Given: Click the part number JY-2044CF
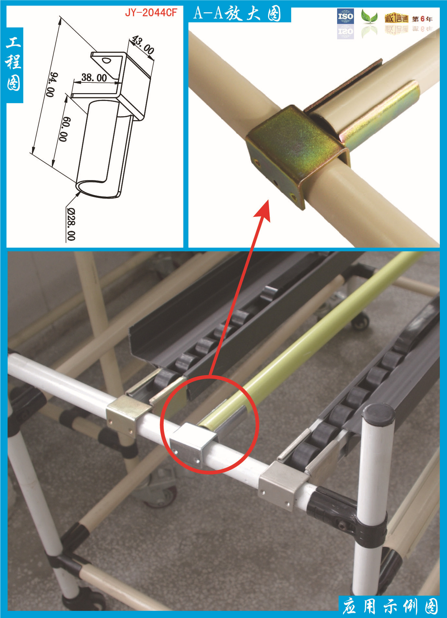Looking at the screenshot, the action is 151,13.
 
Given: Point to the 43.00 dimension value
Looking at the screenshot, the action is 143,45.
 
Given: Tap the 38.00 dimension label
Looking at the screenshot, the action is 94,78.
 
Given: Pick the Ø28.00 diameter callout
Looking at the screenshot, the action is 71,224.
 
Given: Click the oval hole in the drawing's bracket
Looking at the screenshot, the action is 106,60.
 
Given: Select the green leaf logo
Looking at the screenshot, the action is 369,17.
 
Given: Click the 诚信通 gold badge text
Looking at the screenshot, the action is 396,19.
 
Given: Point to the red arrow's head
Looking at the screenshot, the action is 263,210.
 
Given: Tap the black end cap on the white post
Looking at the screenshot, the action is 379,414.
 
